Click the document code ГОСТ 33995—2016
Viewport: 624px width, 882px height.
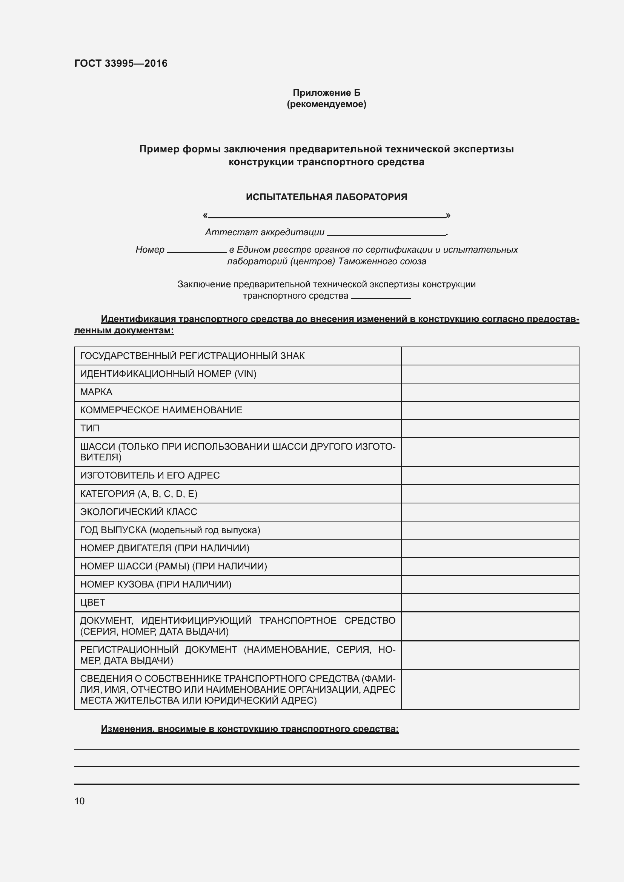[121, 63]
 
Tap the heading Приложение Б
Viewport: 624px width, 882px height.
[326, 93]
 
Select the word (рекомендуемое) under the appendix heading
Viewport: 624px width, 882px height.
[326, 104]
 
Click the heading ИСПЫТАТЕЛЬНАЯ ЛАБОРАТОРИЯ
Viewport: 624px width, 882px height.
[326, 197]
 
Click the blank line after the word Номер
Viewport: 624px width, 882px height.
[197, 251]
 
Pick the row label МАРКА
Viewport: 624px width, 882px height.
[96, 392]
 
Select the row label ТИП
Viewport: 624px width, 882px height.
[89, 428]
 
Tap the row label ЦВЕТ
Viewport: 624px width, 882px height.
[92, 602]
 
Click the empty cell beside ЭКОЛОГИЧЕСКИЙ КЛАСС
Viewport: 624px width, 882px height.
[490, 512]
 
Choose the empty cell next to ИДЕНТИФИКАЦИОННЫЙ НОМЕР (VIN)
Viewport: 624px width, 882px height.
[490, 374]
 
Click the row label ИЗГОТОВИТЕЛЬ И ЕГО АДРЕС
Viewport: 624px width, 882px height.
[150, 476]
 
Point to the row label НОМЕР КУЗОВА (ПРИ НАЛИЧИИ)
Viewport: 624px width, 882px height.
[155, 584]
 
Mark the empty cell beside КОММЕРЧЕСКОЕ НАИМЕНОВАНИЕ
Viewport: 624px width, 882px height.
[490, 410]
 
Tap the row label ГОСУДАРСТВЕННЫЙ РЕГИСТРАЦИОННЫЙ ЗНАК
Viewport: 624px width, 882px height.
[192, 356]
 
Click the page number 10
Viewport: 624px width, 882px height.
[80, 801]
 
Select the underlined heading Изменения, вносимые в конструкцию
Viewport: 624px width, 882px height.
[250, 729]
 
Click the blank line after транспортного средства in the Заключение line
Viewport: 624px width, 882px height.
[380, 296]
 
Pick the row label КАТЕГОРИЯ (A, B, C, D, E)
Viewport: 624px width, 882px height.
[139, 494]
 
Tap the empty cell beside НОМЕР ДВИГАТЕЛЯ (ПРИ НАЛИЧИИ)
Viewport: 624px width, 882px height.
[490, 548]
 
